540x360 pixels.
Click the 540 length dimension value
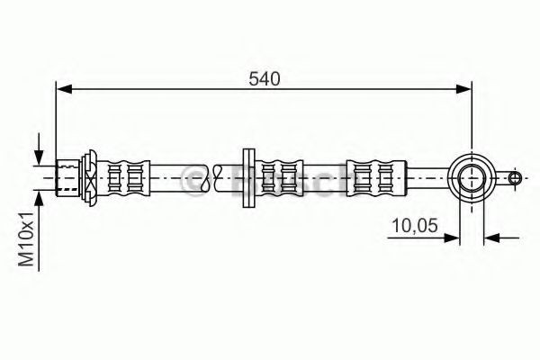[x=265, y=78]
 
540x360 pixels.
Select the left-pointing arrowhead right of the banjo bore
[x=491, y=238]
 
